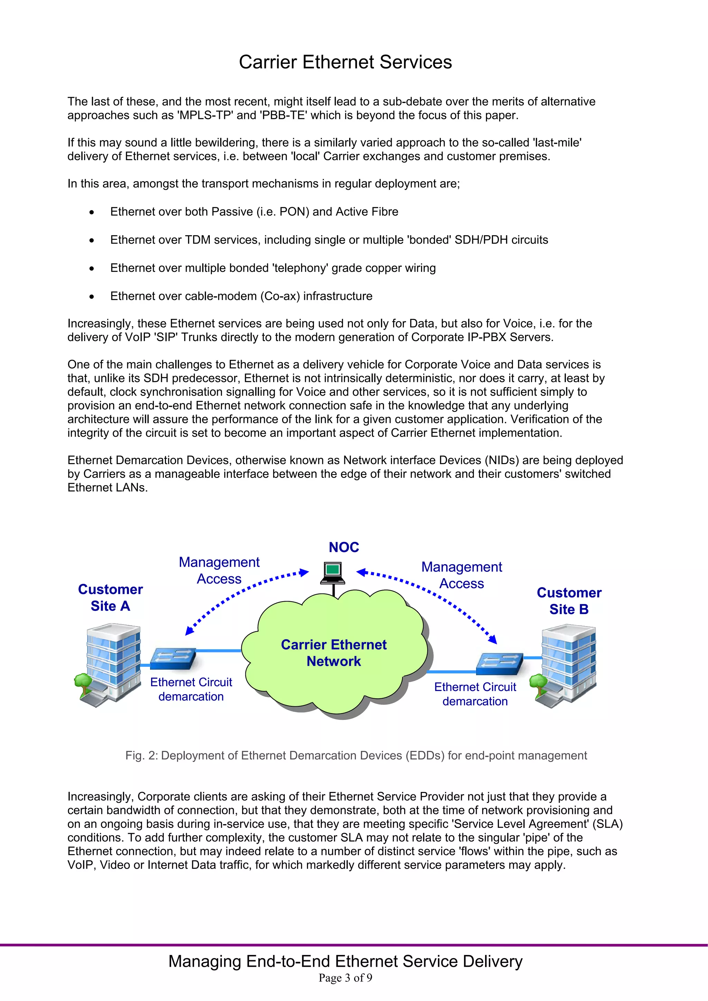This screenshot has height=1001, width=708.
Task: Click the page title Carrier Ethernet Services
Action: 345,62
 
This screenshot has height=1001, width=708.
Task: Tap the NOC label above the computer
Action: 344,547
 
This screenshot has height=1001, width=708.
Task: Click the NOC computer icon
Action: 333,573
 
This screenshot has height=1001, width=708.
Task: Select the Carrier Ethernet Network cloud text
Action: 334,653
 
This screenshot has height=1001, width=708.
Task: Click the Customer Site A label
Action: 110,597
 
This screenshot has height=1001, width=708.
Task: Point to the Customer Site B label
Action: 569,601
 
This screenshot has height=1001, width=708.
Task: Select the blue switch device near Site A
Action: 173,658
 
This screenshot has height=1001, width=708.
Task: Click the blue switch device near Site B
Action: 500,663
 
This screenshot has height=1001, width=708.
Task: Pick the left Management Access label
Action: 219,570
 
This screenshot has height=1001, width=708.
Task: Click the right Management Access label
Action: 462,575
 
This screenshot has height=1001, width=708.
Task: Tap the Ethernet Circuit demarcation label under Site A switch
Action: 191,689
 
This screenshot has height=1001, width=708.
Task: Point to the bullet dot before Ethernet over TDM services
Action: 92,240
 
